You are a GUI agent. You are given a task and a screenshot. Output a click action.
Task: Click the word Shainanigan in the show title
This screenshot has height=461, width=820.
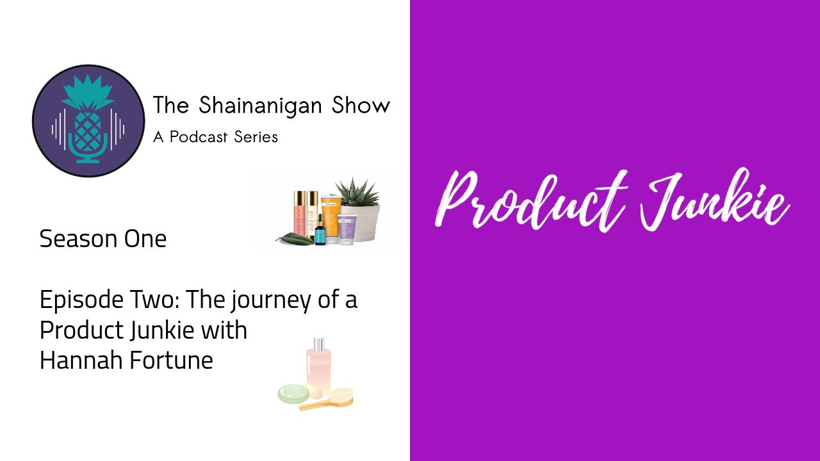coord(260,106)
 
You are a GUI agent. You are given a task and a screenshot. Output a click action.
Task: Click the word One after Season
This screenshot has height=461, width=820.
coord(145,239)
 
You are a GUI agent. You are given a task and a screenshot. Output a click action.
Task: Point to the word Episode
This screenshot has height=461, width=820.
coord(81,300)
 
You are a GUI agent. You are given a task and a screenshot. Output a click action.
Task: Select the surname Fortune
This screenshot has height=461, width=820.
coord(171,360)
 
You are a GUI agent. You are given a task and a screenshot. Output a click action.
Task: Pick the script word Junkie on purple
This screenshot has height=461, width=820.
coord(714,199)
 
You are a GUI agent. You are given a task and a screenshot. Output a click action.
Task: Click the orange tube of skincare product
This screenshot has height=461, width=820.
coord(331,218)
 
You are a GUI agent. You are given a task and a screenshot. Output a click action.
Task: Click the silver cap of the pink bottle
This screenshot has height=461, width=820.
coord(319,344)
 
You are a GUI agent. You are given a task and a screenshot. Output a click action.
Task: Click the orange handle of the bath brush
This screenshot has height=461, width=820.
coord(316,405)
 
